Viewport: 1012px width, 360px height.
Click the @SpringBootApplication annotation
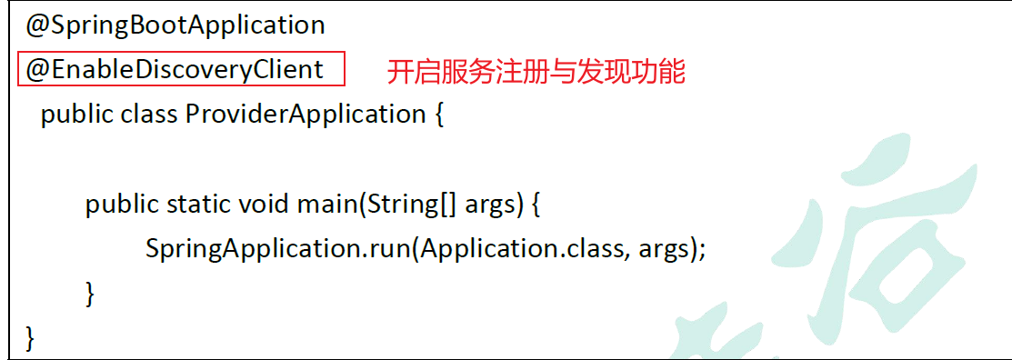click(x=175, y=25)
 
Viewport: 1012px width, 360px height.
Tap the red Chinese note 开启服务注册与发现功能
click(x=536, y=71)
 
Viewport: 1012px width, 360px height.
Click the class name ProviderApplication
click(x=305, y=115)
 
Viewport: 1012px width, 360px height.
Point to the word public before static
click(x=123, y=205)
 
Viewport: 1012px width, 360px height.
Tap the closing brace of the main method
click(x=90, y=293)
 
